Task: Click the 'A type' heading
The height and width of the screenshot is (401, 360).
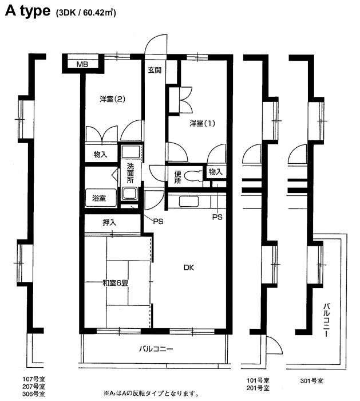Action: point(27,11)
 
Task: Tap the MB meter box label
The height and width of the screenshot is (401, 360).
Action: point(82,64)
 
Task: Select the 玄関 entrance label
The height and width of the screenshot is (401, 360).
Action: point(155,70)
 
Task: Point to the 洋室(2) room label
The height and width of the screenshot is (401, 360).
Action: point(112,99)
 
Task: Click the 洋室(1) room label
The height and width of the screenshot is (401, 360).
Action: point(203,124)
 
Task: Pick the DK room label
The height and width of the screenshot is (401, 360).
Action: point(189,268)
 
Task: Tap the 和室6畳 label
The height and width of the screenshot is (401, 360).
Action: point(115,283)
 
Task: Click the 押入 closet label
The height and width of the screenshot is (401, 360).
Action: point(109,222)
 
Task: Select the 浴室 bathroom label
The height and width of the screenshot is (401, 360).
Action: point(99,198)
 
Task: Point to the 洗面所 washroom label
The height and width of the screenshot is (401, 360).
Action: point(130,173)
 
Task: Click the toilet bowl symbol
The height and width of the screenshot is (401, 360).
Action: point(192,176)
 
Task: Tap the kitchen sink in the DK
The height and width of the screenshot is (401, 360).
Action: point(189,201)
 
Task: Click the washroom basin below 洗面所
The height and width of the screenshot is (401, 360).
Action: point(130,193)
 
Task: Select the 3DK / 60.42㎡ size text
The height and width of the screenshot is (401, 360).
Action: point(86,13)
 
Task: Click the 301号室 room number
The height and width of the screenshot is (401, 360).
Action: point(312,381)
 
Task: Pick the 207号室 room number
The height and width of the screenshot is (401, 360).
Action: point(34,386)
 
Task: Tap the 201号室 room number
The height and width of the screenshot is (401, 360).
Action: point(258,388)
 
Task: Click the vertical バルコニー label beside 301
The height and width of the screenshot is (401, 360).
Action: point(327,320)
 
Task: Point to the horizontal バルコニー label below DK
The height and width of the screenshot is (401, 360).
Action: point(156,348)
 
